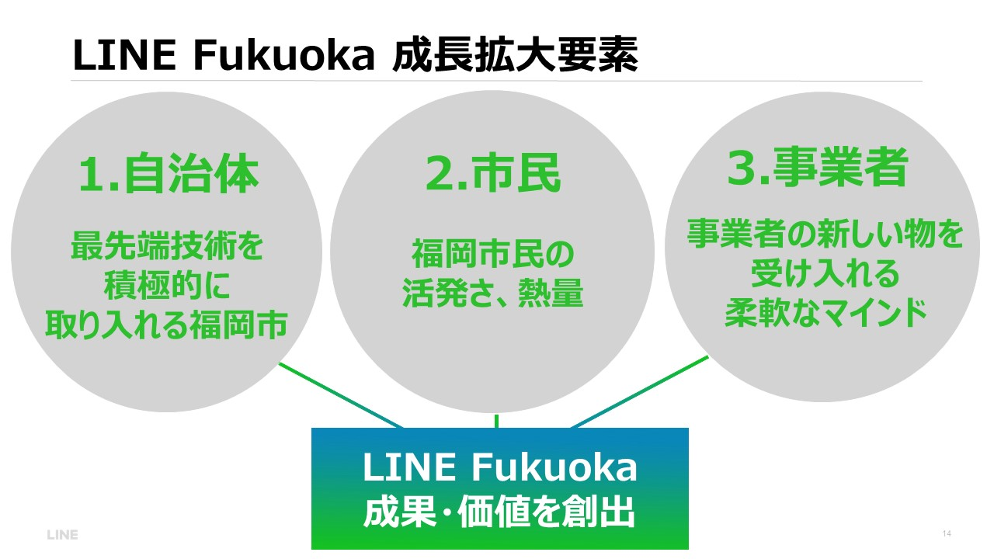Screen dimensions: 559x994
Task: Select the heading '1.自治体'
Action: (x=169, y=176)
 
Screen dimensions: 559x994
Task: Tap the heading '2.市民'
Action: (x=492, y=175)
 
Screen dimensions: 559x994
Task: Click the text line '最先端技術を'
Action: (x=167, y=248)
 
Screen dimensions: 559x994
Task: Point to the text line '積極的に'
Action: (x=167, y=286)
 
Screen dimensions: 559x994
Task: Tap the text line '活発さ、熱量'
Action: (x=492, y=293)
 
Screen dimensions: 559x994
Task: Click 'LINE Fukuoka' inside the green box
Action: (x=499, y=467)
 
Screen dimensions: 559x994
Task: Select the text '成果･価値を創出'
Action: (x=499, y=513)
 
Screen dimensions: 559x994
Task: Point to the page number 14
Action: (x=946, y=534)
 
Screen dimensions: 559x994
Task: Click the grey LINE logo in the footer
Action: (x=62, y=535)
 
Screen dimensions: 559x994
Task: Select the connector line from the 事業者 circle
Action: (x=641, y=391)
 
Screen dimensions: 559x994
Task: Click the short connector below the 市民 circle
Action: (x=496, y=421)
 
